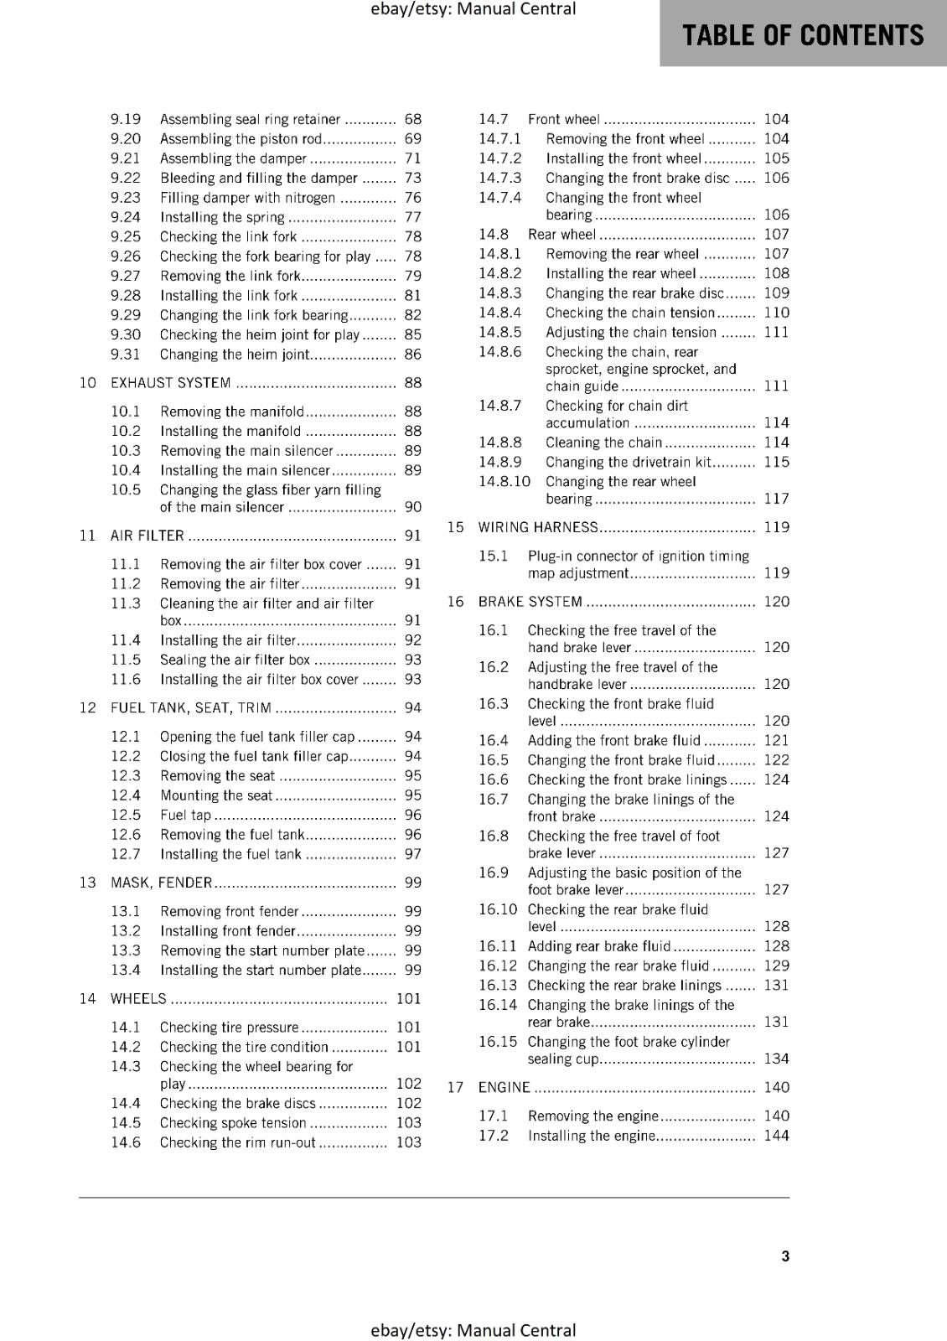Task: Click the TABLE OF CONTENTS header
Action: click(x=803, y=35)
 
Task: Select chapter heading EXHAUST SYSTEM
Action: click(x=171, y=383)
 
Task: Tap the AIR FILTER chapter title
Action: click(x=147, y=536)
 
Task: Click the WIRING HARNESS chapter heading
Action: click(x=538, y=527)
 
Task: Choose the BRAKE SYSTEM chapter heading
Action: click(x=530, y=602)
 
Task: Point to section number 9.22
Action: click(x=126, y=178)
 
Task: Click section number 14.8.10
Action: click(x=505, y=482)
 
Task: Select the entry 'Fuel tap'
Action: click(x=185, y=815)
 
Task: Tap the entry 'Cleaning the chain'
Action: click(x=603, y=443)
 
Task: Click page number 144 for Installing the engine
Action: click(x=776, y=1136)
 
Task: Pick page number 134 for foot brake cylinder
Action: click(x=776, y=1059)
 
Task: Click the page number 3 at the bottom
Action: click(x=785, y=1256)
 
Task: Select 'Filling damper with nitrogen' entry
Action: click(x=247, y=198)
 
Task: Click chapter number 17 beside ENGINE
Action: click(x=455, y=1087)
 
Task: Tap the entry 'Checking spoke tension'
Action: click(x=233, y=1123)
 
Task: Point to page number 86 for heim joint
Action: click(x=412, y=355)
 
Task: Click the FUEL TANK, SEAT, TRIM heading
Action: click(x=191, y=708)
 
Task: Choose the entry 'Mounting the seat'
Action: click(x=216, y=795)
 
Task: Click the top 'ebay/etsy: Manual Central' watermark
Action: click(x=473, y=9)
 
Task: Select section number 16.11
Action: click(x=498, y=946)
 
